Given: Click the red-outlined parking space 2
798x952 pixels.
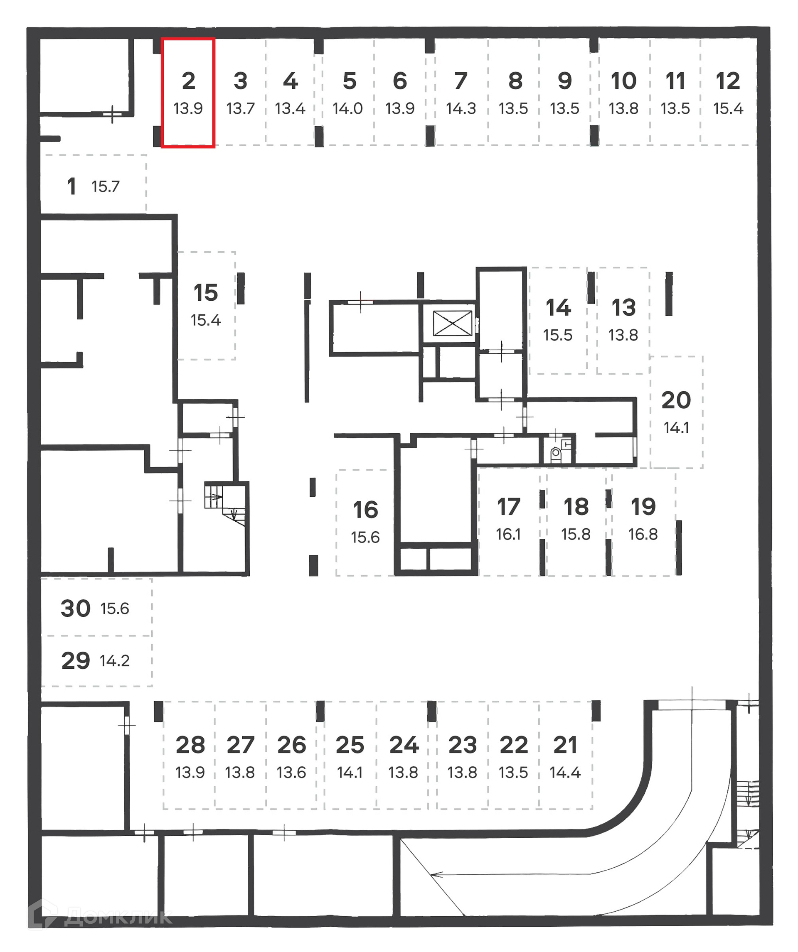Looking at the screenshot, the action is tap(188, 93).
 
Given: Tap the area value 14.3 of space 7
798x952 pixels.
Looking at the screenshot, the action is tap(461, 109).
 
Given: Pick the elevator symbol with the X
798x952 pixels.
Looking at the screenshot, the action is tap(452, 323).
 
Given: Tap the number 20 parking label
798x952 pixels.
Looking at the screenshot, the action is tap(676, 400).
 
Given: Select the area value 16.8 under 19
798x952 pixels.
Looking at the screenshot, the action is tap(643, 535).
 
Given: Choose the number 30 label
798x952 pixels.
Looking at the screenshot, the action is tap(76, 608).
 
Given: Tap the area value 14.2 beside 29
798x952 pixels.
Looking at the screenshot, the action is tap(115, 661).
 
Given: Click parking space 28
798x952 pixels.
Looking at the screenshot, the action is tap(190, 757).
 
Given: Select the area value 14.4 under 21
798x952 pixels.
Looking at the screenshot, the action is tap(565, 773).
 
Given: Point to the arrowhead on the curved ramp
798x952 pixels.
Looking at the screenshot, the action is tap(436, 875).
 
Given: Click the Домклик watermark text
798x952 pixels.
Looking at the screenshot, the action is tap(118, 918).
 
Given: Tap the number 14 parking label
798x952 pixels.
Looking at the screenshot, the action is tap(558, 308).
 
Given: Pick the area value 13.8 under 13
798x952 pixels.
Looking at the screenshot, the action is tap(623, 336).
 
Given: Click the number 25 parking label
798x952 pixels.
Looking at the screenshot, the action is tap(350, 745).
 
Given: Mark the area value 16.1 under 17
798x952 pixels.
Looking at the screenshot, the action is tap(508, 535).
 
